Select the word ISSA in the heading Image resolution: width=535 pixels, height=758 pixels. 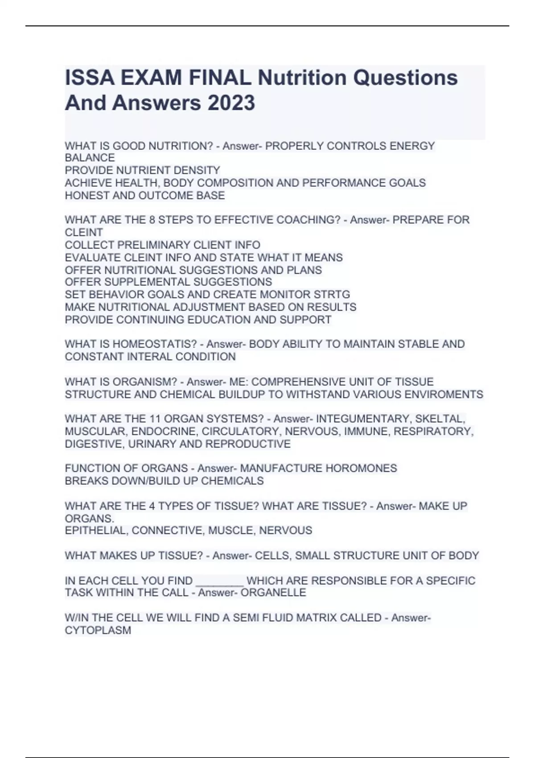[x=91, y=78]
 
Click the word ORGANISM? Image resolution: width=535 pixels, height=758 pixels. [x=145, y=382]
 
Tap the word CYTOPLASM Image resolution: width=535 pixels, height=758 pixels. [x=98, y=630]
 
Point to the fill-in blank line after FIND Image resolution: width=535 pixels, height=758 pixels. [x=220, y=581]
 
